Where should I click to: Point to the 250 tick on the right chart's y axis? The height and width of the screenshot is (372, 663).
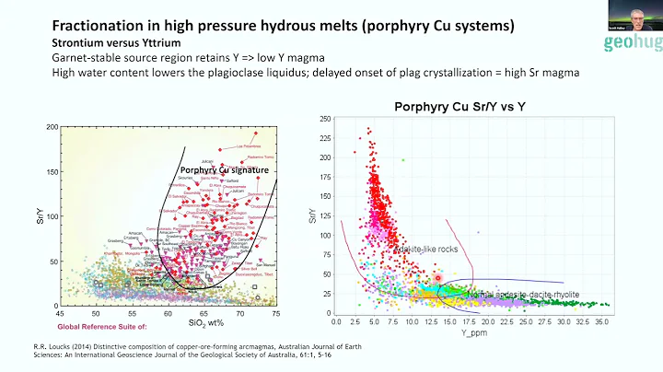325,119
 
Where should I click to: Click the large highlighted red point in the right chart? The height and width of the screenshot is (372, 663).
438,277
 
